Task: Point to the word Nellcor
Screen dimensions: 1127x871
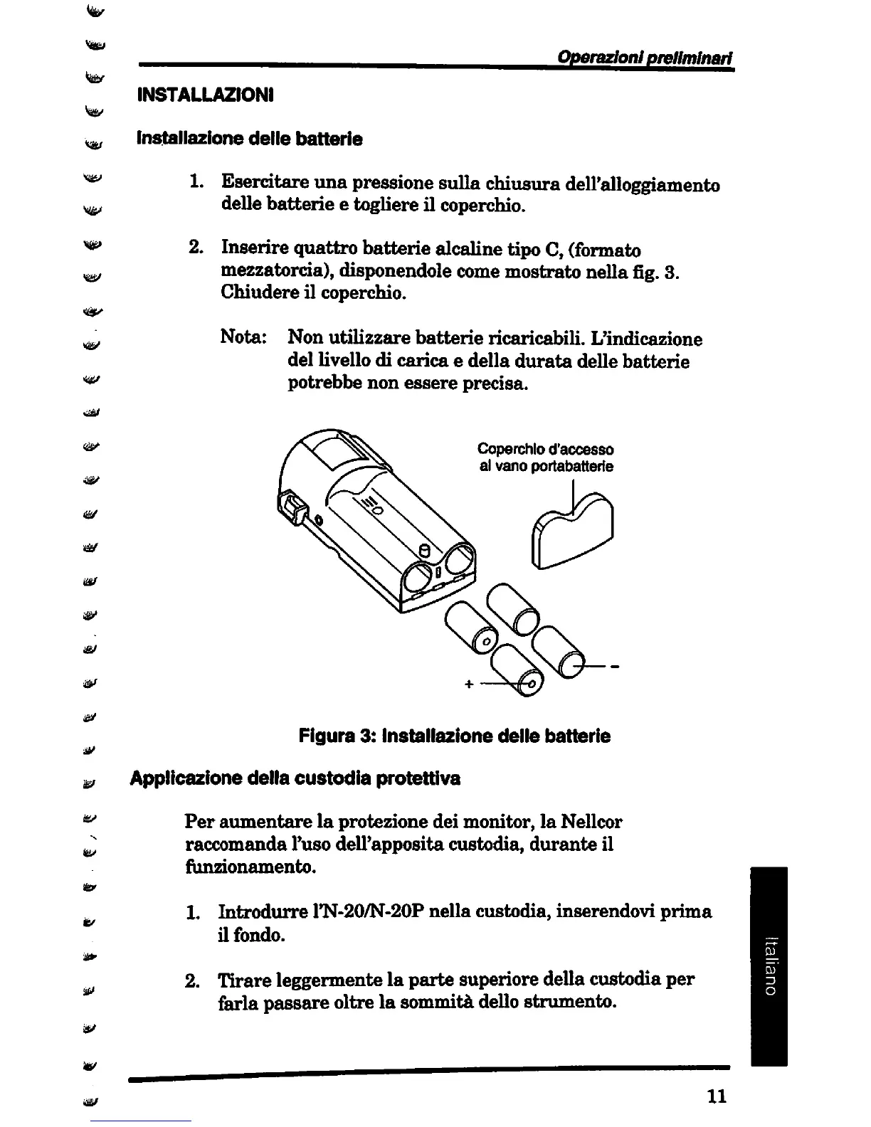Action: point(591,822)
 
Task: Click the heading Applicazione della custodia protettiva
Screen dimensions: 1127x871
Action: point(295,778)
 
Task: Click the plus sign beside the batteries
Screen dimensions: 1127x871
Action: point(468,684)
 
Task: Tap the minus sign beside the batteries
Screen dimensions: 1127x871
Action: point(613,667)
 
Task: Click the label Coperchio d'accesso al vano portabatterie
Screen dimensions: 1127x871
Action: point(545,457)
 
